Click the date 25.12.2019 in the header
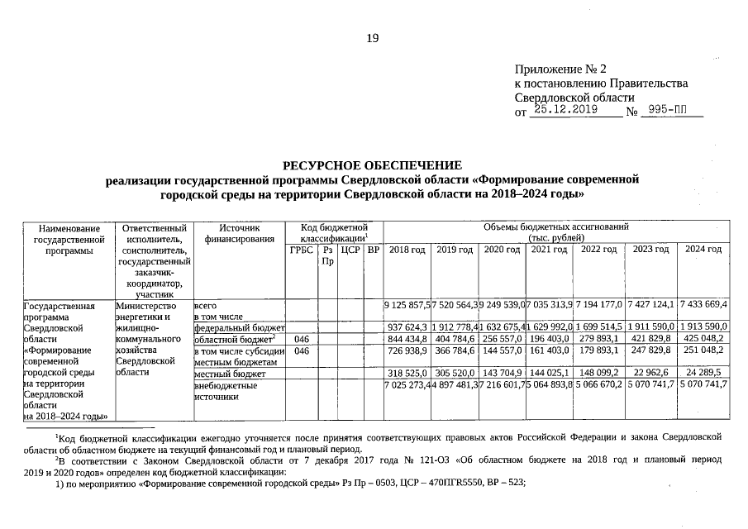pyautogui.click(x=565, y=109)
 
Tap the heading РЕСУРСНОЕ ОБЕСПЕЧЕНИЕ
pyautogui.click(x=373, y=165)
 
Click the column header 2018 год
pyautogui.click(x=407, y=250)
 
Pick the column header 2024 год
pyautogui.click(x=703, y=250)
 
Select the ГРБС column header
pyautogui.click(x=302, y=250)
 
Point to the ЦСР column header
pyautogui.click(x=350, y=250)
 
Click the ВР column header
pyautogui.click(x=373, y=250)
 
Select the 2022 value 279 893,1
pyautogui.click(x=603, y=339)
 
